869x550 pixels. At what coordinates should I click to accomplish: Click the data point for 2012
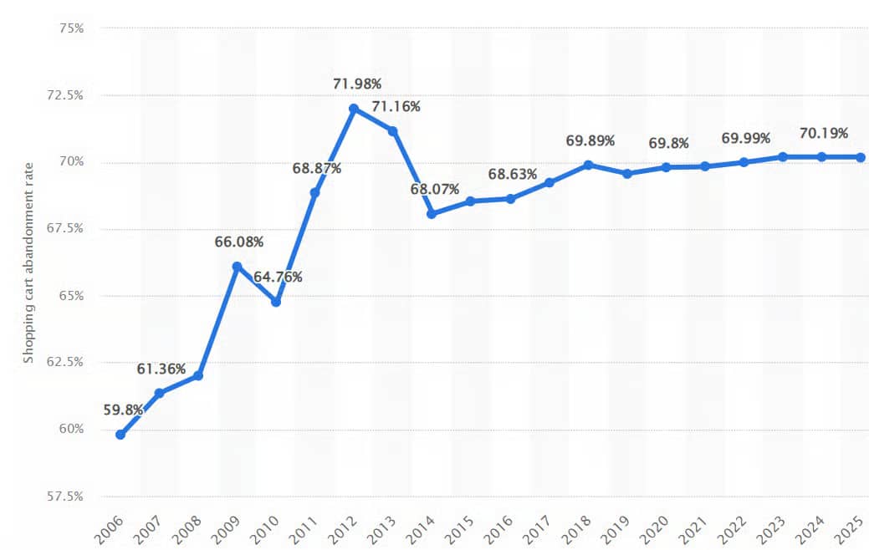coord(354,109)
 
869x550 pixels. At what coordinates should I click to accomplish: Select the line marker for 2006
coord(120,435)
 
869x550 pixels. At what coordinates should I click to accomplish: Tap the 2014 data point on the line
coord(432,214)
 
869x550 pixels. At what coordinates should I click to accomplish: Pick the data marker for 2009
coord(237,267)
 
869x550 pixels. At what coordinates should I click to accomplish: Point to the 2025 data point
coord(860,157)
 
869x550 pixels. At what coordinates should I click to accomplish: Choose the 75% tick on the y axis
coord(69,28)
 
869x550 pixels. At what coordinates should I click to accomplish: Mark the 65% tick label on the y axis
coord(69,296)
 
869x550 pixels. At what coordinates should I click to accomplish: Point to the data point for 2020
coord(665,167)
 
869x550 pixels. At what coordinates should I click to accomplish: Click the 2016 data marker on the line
coord(509,199)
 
